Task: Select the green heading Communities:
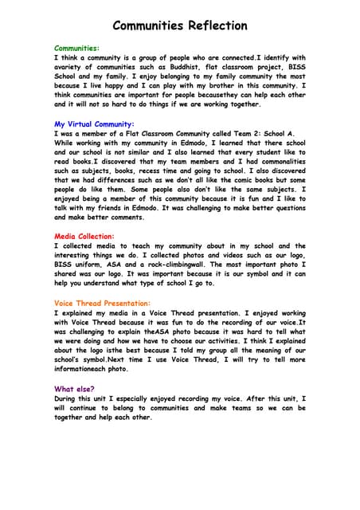point(76,49)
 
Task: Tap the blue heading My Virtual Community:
point(94,124)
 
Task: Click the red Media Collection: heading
point(84,237)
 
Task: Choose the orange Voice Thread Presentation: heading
point(102,304)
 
